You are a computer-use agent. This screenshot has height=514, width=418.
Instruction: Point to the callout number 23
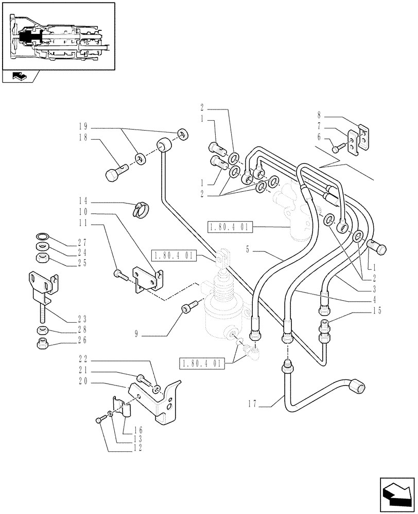[83, 318]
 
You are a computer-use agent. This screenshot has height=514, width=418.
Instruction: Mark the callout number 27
[83, 242]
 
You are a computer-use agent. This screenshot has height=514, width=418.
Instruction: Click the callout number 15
[379, 310]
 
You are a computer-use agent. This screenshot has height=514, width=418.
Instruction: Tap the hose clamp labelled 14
[141, 208]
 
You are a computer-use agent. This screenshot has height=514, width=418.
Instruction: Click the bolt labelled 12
[100, 420]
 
